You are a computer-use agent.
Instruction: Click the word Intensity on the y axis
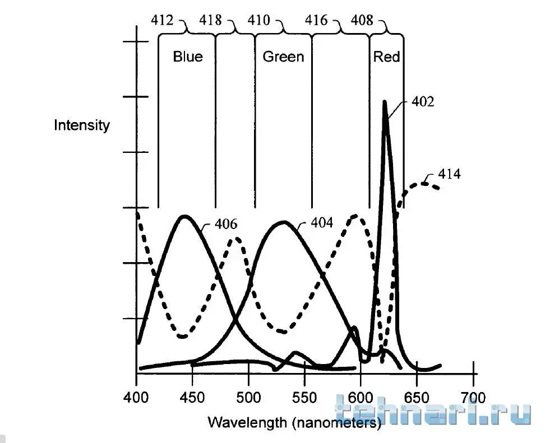pos(82,125)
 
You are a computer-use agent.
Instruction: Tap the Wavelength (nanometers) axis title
pos(294,422)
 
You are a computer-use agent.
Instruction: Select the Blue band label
pos(188,57)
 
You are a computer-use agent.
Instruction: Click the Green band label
pos(283,57)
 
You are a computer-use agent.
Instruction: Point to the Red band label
pos(386,57)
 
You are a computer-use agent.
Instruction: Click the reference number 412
pos(163,21)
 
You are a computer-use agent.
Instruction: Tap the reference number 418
pos(211,21)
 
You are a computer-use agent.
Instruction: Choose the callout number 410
pos(258,21)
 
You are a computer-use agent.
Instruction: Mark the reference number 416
pos(316,21)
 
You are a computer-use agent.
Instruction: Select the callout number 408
pos(362,21)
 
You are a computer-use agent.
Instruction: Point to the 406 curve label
pos(225,225)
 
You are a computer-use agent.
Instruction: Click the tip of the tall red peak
pos(385,102)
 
